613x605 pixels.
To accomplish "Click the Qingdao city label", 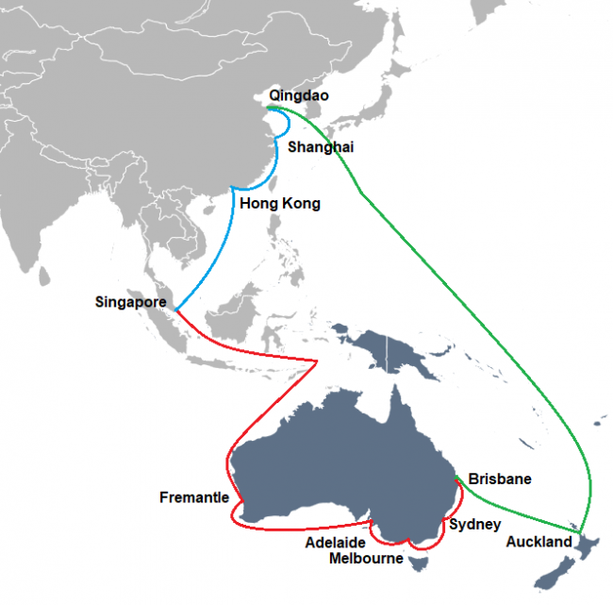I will click(299, 95).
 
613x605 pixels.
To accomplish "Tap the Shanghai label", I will click(321, 147).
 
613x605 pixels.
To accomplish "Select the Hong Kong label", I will click(280, 203).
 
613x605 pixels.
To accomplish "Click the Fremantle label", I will click(194, 497).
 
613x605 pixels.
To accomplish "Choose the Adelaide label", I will click(338, 544).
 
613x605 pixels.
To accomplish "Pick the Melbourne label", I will click(366, 559).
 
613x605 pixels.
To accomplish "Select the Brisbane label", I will click(499, 479).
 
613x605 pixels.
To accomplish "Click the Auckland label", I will click(538, 542).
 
